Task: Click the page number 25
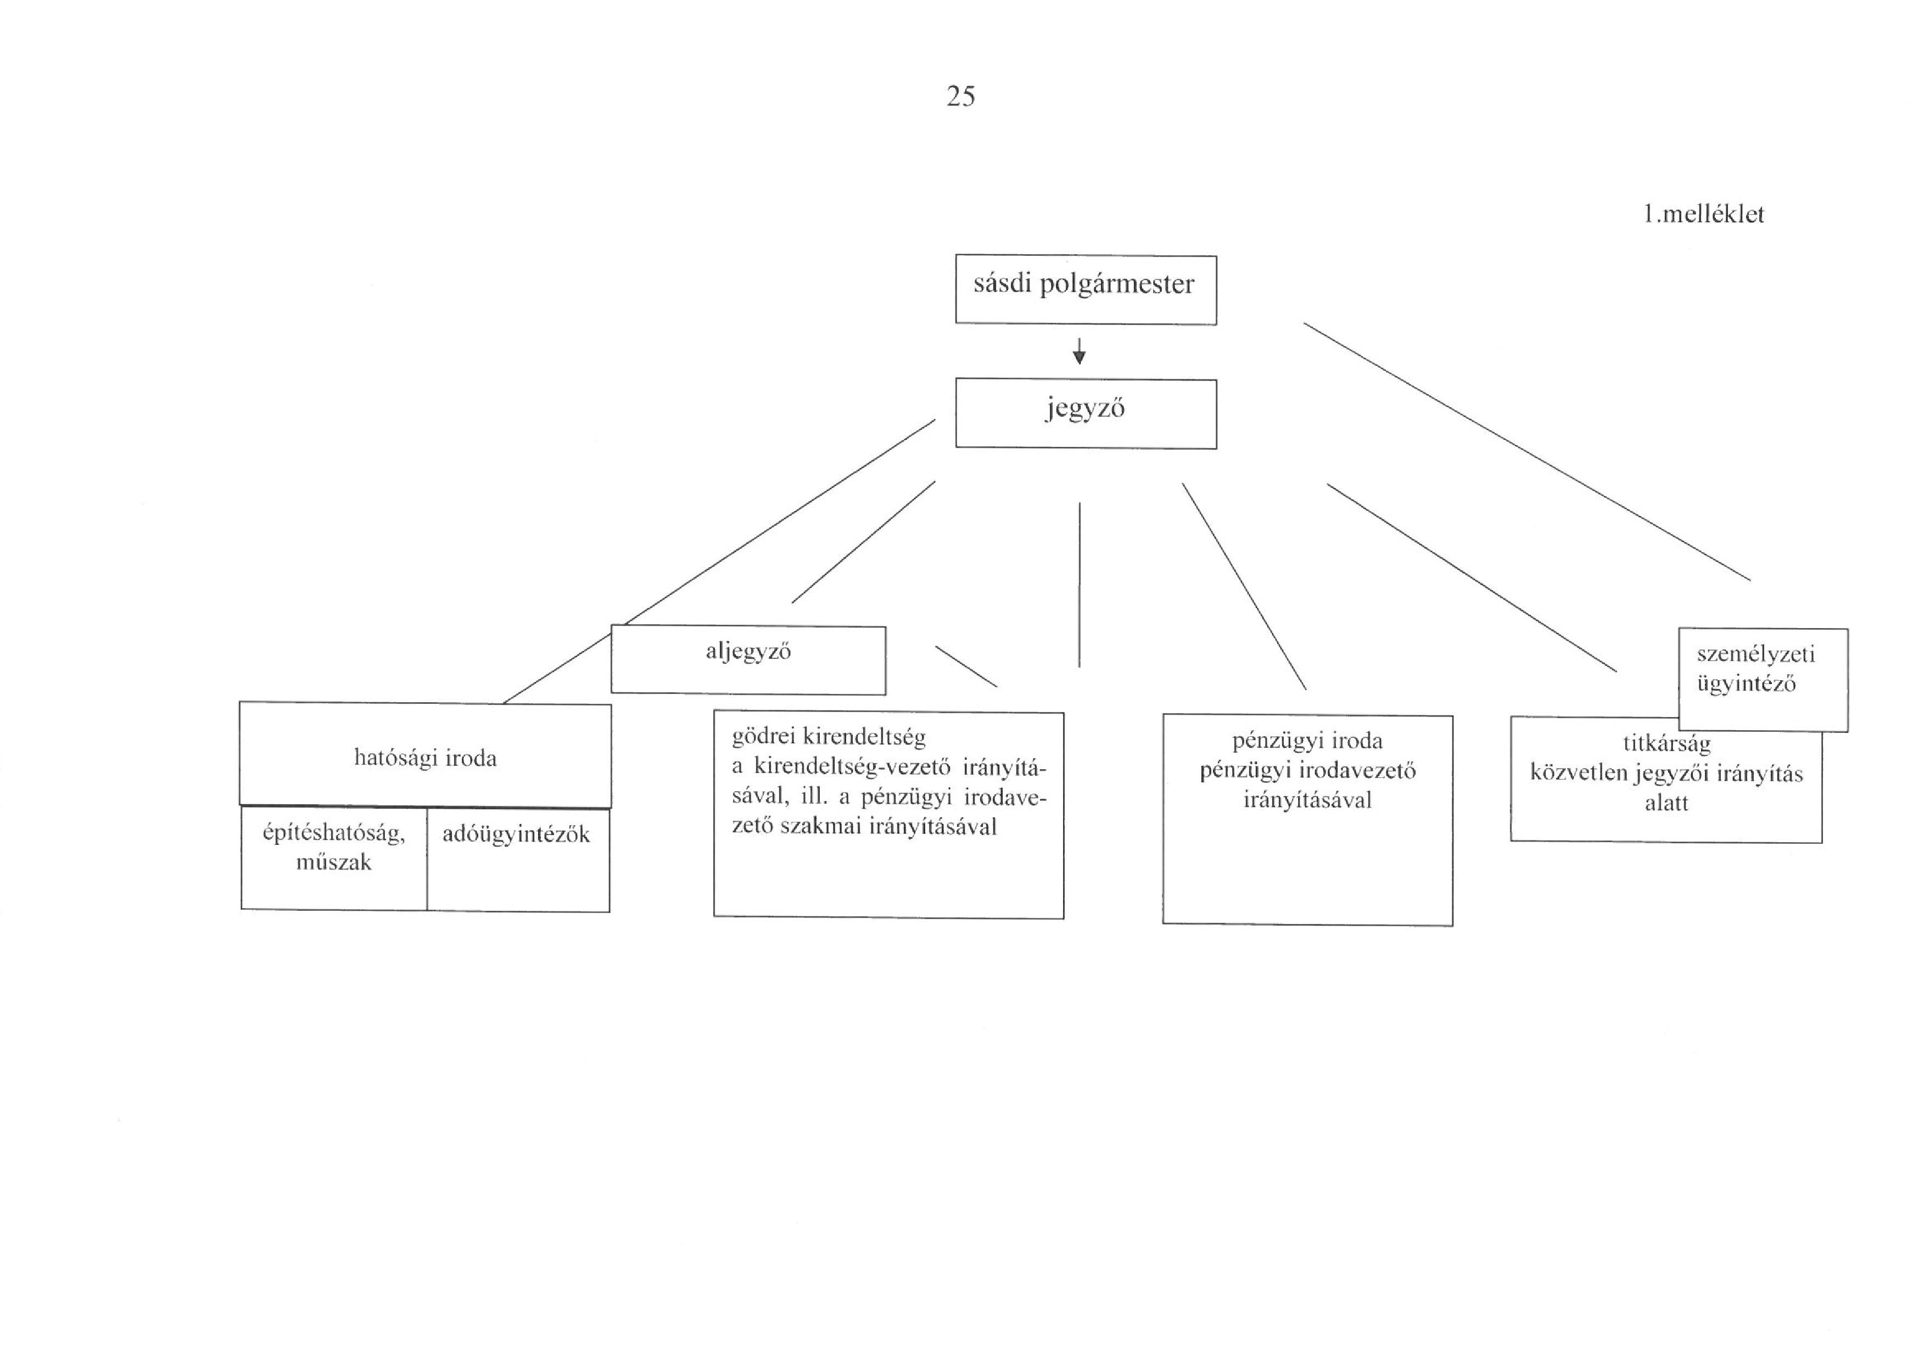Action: pyautogui.click(x=960, y=97)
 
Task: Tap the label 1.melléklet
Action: pyautogui.click(x=1704, y=215)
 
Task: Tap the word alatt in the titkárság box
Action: pyautogui.click(x=1666, y=803)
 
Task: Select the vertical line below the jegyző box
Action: pyautogui.click(x=1080, y=584)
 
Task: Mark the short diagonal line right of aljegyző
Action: pyautogui.click(x=966, y=667)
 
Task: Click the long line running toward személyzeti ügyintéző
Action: pyautogui.click(x=1527, y=452)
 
